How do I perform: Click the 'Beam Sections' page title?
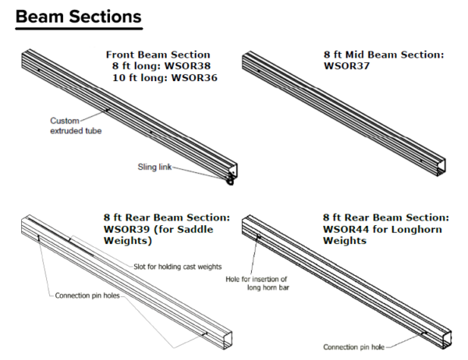pyautogui.click(x=78, y=16)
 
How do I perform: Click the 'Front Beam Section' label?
pyautogui.click(x=158, y=55)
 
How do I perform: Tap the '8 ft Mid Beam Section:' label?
pyautogui.click(x=383, y=55)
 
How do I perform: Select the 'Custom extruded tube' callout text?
pyautogui.click(x=76, y=126)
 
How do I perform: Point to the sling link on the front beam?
pyautogui.click(x=230, y=182)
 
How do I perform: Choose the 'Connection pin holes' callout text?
pyautogui.click(x=87, y=296)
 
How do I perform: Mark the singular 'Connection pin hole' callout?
pyautogui.click(x=355, y=347)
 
